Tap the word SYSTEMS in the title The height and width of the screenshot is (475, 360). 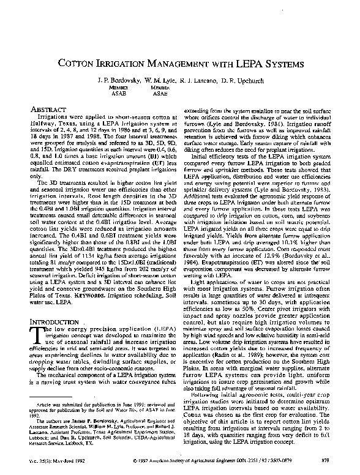tap(279, 63)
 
